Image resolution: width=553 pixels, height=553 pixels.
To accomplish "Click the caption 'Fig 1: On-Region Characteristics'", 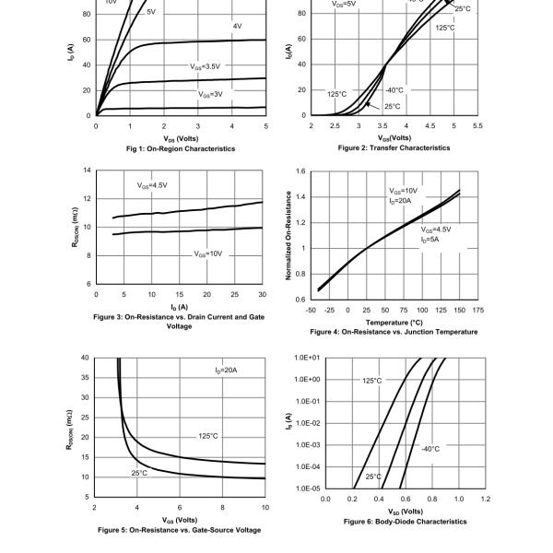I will click(x=180, y=148).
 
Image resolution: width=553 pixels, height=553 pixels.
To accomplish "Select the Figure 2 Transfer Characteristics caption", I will click(x=394, y=147).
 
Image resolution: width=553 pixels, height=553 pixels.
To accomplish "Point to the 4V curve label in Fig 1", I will click(x=237, y=26).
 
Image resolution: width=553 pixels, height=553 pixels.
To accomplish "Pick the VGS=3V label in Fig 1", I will click(x=210, y=94).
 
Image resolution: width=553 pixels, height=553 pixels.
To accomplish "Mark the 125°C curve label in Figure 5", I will click(x=208, y=436).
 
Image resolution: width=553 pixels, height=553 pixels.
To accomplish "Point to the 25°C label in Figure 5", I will click(x=139, y=473).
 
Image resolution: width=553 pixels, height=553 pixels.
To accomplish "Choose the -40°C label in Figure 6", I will click(x=430, y=449).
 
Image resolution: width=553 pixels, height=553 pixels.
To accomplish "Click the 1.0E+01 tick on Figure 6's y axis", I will click(x=307, y=358).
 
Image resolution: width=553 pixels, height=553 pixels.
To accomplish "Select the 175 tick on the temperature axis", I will click(x=477, y=310).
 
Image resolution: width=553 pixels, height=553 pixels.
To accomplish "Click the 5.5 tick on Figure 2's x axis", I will click(x=477, y=125).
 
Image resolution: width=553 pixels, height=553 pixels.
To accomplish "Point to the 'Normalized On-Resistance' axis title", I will click(x=288, y=236).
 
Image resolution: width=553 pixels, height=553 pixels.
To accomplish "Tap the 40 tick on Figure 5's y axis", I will click(x=85, y=358).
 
